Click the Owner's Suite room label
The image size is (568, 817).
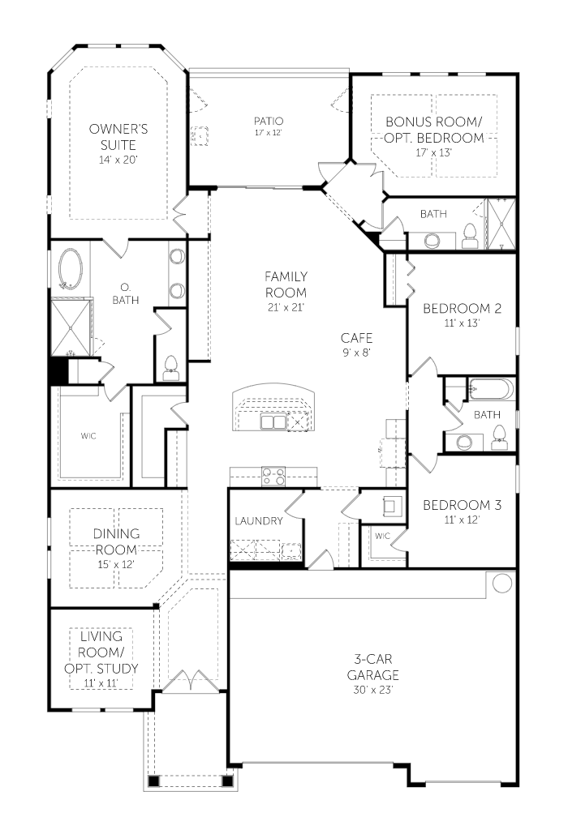coord(118,136)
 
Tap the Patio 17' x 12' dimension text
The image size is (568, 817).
coord(269,133)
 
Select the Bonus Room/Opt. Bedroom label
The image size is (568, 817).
coord(434,130)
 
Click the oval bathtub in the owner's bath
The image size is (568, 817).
coord(71,268)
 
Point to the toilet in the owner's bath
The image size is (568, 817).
coord(170,367)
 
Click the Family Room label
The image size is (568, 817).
coord(286,284)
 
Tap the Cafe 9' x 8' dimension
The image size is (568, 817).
coord(356,353)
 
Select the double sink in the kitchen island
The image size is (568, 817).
coord(273,421)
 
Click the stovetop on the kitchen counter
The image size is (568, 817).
coord(273,475)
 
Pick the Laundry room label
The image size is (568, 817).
coord(259,520)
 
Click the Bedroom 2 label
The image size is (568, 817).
coord(463,309)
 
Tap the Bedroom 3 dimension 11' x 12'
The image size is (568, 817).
coord(462,520)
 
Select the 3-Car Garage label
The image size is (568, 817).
coord(373,668)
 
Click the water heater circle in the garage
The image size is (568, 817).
coord(502,583)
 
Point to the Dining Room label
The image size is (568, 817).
coord(116,541)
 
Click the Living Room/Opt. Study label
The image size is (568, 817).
coord(101,652)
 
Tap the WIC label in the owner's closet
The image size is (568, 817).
coord(88,436)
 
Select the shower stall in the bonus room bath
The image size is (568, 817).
coord(501,224)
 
